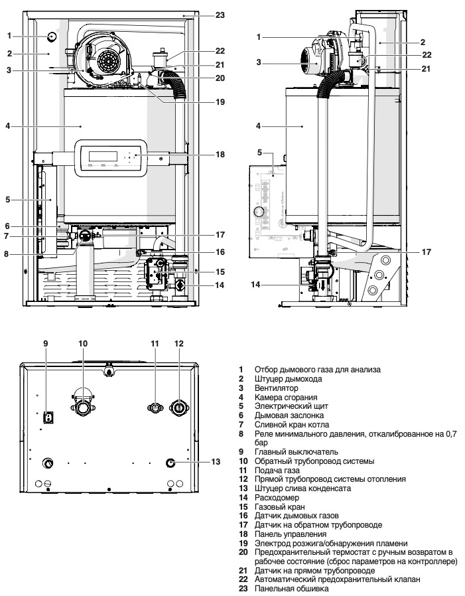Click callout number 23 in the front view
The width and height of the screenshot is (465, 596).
[x=220, y=14]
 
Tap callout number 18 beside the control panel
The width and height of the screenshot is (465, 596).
[x=220, y=154]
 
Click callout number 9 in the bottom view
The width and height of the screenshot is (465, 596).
[x=46, y=343]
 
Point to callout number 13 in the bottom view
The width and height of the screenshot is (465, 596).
[x=216, y=461]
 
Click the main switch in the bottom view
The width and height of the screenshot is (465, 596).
[x=48, y=417]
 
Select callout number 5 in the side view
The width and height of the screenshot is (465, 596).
[x=260, y=152]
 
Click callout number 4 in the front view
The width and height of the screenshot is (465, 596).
[x=8, y=125]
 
